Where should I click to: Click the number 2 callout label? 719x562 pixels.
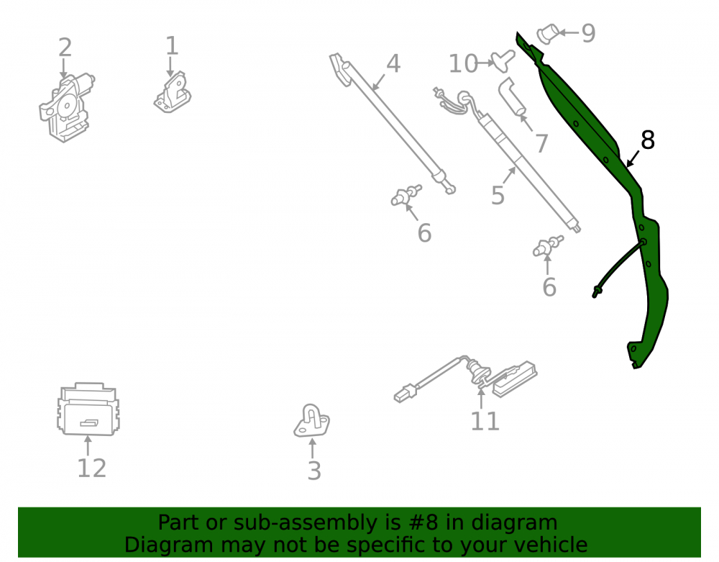click(x=65, y=47)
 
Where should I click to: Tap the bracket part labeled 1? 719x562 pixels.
click(x=173, y=93)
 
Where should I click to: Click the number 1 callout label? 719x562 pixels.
click(x=172, y=46)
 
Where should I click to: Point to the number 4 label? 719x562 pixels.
click(x=393, y=63)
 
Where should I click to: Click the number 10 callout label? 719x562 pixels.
click(x=463, y=64)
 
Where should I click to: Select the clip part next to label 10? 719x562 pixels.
click(x=503, y=61)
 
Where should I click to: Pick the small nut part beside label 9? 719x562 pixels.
click(x=548, y=34)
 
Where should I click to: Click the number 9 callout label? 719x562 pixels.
click(x=588, y=34)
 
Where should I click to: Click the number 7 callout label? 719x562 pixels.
click(x=541, y=143)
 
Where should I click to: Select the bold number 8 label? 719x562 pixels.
click(x=648, y=140)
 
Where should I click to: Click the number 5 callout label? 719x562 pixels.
click(x=498, y=196)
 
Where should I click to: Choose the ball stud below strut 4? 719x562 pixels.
click(x=406, y=196)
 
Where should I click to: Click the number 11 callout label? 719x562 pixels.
click(x=485, y=421)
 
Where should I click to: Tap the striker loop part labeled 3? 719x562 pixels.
click(x=312, y=421)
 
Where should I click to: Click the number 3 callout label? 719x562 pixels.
click(x=314, y=471)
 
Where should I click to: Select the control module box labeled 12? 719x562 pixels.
click(x=88, y=409)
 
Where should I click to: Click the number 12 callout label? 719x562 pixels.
click(x=92, y=468)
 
